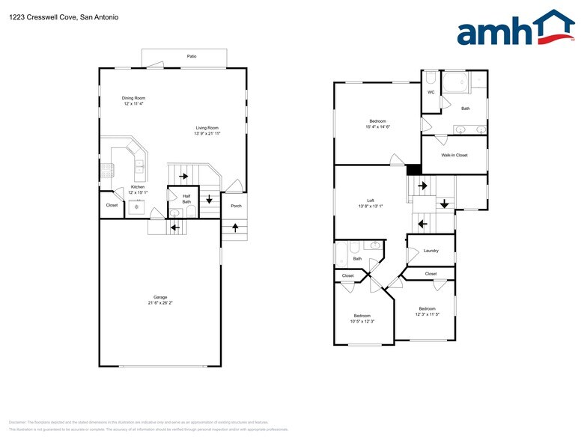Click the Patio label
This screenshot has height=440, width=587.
pyautogui.click(x=192, y=56)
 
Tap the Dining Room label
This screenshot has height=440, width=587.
pyautogui.click(x=134, y=98)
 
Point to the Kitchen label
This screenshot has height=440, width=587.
pyautogui.click(x=138, y=187)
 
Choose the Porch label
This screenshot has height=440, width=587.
pyautogui.click(x=236, y=206)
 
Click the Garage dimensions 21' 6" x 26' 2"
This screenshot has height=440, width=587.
pyautogui.click(x=160, y=303)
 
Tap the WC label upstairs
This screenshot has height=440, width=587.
pyautogui.click(x=431, y=92)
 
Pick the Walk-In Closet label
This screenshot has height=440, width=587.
pyautogui.click(x=454, y=156)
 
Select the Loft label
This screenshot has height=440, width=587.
pyautogui.click(x=371, y=200)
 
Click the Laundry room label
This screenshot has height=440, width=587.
pyautogui.click(x=431, y=251)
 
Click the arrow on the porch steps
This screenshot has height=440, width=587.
pyautogui.click(x=236, y=227)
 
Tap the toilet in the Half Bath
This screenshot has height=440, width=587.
pyautogui.click(x=175, y=213)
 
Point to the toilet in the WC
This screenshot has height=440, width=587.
pyautogui.click(x=431, y=77)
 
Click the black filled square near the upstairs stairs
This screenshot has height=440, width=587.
pyautogui.click(x=413, y=170)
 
